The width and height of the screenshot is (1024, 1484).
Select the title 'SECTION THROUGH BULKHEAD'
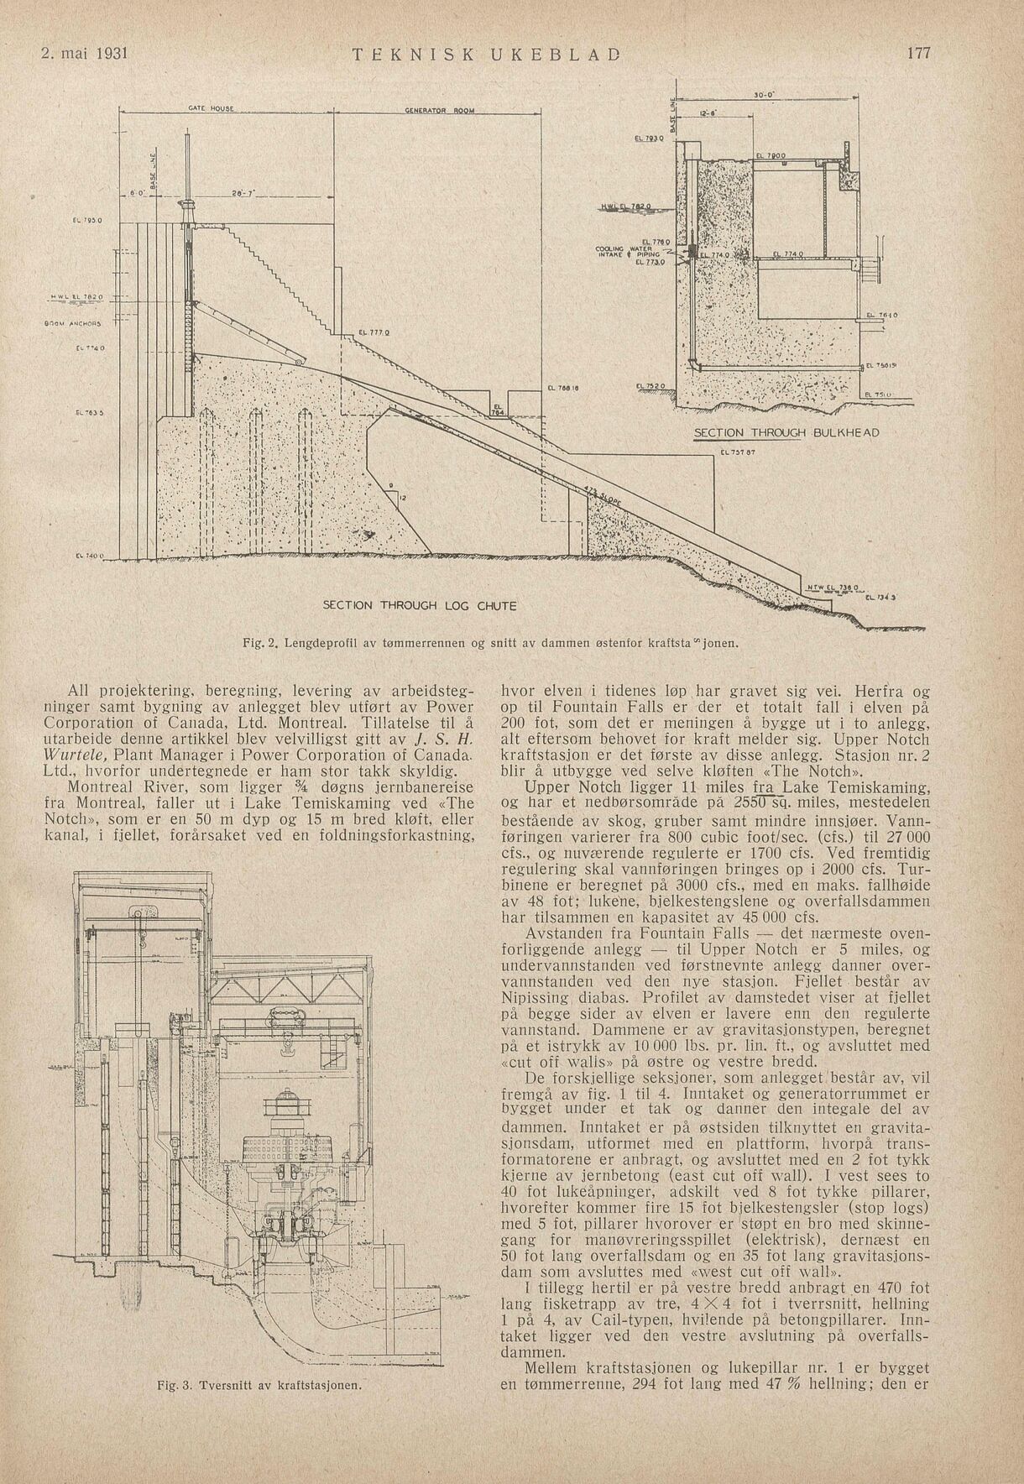tap(786, 432)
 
